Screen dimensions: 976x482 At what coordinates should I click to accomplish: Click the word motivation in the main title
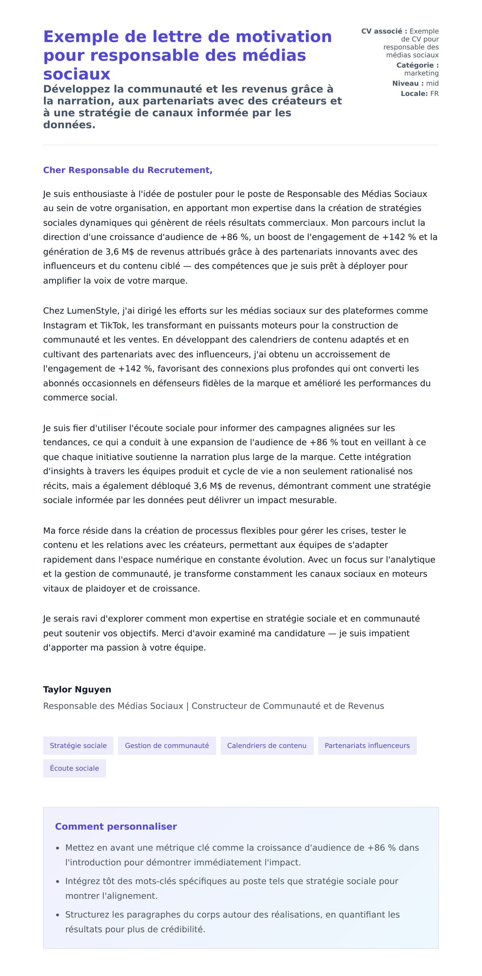point(284,37)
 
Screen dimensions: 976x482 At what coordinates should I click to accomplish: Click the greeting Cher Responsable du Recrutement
point(128,170)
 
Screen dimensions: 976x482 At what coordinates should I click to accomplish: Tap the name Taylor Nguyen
point(77,689)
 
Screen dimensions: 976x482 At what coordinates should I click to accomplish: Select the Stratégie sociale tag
point(78,745)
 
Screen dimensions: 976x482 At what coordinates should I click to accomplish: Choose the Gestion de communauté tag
point(167,745)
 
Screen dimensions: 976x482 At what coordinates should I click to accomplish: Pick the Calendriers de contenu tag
point(267,745)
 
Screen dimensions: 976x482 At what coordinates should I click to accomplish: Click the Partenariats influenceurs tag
point(367,745)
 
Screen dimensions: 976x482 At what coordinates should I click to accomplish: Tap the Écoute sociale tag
point(74,768)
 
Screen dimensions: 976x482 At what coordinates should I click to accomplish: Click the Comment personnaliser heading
point(116,826)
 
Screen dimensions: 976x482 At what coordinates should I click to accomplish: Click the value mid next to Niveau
point(432,83)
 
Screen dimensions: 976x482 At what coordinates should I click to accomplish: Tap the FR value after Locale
point(434,94)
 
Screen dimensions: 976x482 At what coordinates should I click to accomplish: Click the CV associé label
point(384,31)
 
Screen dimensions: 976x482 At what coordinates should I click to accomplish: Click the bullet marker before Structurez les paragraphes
point(57,915)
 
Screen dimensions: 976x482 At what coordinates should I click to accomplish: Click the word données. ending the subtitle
point(69,125)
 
